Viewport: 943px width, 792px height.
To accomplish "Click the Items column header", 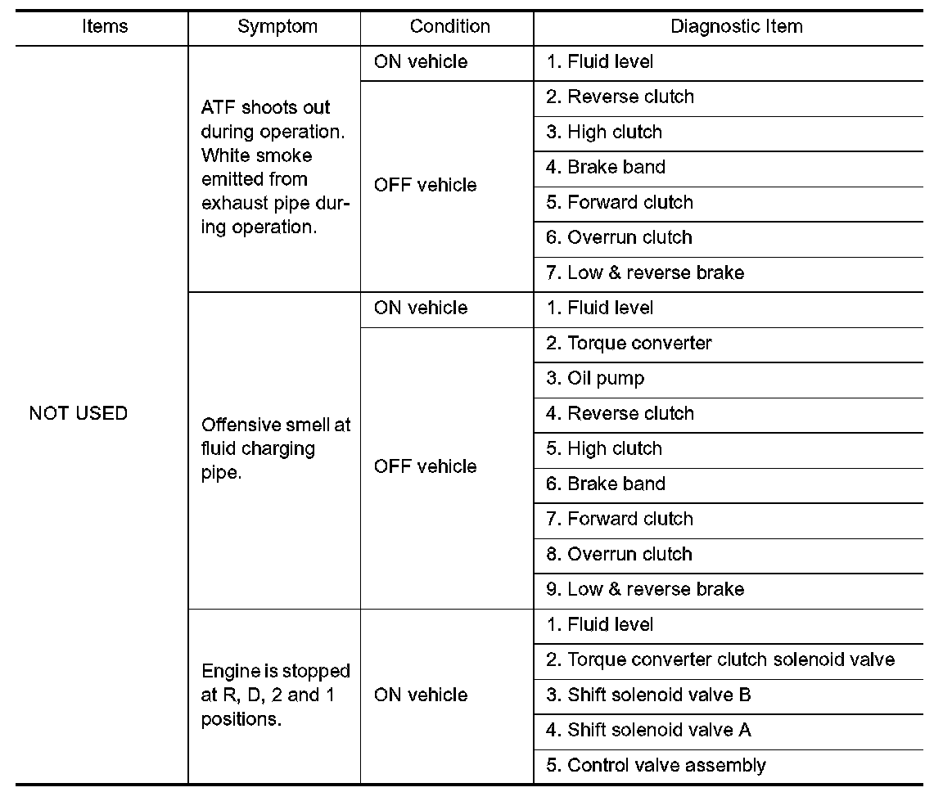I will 105,26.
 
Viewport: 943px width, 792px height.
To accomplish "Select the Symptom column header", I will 277,26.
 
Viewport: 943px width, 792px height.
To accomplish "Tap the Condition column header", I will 449,26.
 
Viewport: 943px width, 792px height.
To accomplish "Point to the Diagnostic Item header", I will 736,26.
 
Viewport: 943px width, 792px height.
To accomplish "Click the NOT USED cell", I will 79,413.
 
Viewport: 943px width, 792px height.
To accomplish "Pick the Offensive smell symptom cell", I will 275,448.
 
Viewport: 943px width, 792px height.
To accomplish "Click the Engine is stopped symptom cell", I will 275,695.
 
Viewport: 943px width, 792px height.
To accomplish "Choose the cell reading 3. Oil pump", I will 595,378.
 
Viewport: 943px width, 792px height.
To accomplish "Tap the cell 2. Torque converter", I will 629,343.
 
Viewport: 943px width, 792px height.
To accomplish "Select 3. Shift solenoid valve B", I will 648,695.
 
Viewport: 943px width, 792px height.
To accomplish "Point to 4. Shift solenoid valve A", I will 648,730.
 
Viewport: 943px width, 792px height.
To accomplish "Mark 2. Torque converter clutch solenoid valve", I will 720,659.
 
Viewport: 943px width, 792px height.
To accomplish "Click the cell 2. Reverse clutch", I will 620,97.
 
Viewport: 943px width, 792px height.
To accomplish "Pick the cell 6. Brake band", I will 606,484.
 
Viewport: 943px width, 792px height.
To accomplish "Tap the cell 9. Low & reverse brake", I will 645,589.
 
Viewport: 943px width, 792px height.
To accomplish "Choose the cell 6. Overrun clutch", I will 619,237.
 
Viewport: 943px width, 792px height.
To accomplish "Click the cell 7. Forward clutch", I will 620,519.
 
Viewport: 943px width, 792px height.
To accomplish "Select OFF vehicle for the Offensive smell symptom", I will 426,466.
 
